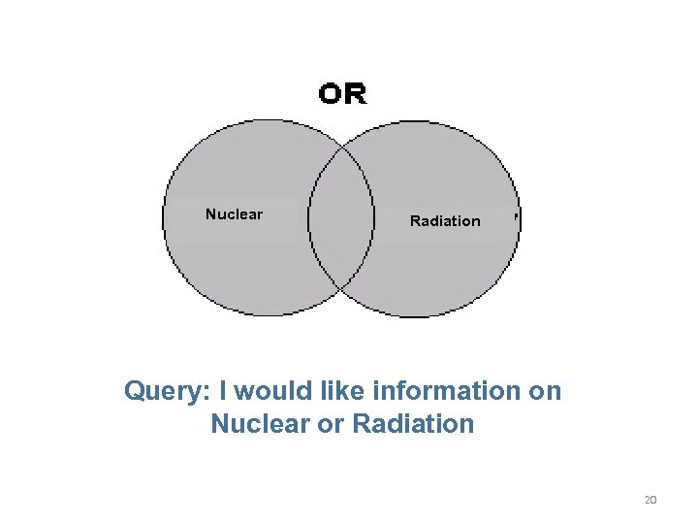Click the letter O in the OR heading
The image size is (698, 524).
[x=331, y=94]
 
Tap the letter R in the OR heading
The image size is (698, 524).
[x=355, y=94]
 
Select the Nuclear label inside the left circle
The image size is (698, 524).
[x=234, y=214]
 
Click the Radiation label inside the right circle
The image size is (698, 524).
[x=445, y=221]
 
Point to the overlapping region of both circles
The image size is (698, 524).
[x=341, y=218]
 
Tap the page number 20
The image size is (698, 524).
[x=650, y=500]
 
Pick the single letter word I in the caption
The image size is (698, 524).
[x=224, y=391]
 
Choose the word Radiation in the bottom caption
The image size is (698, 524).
[x=413, y=424]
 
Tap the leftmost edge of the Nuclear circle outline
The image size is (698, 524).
[x=163, y=218]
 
